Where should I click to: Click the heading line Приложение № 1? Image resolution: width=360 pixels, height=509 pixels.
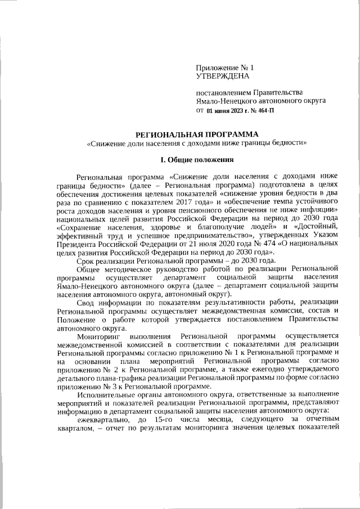(223, 67)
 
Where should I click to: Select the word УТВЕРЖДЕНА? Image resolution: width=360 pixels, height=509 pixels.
(222, 75)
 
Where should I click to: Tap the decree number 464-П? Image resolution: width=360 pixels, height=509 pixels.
(264, 111)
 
